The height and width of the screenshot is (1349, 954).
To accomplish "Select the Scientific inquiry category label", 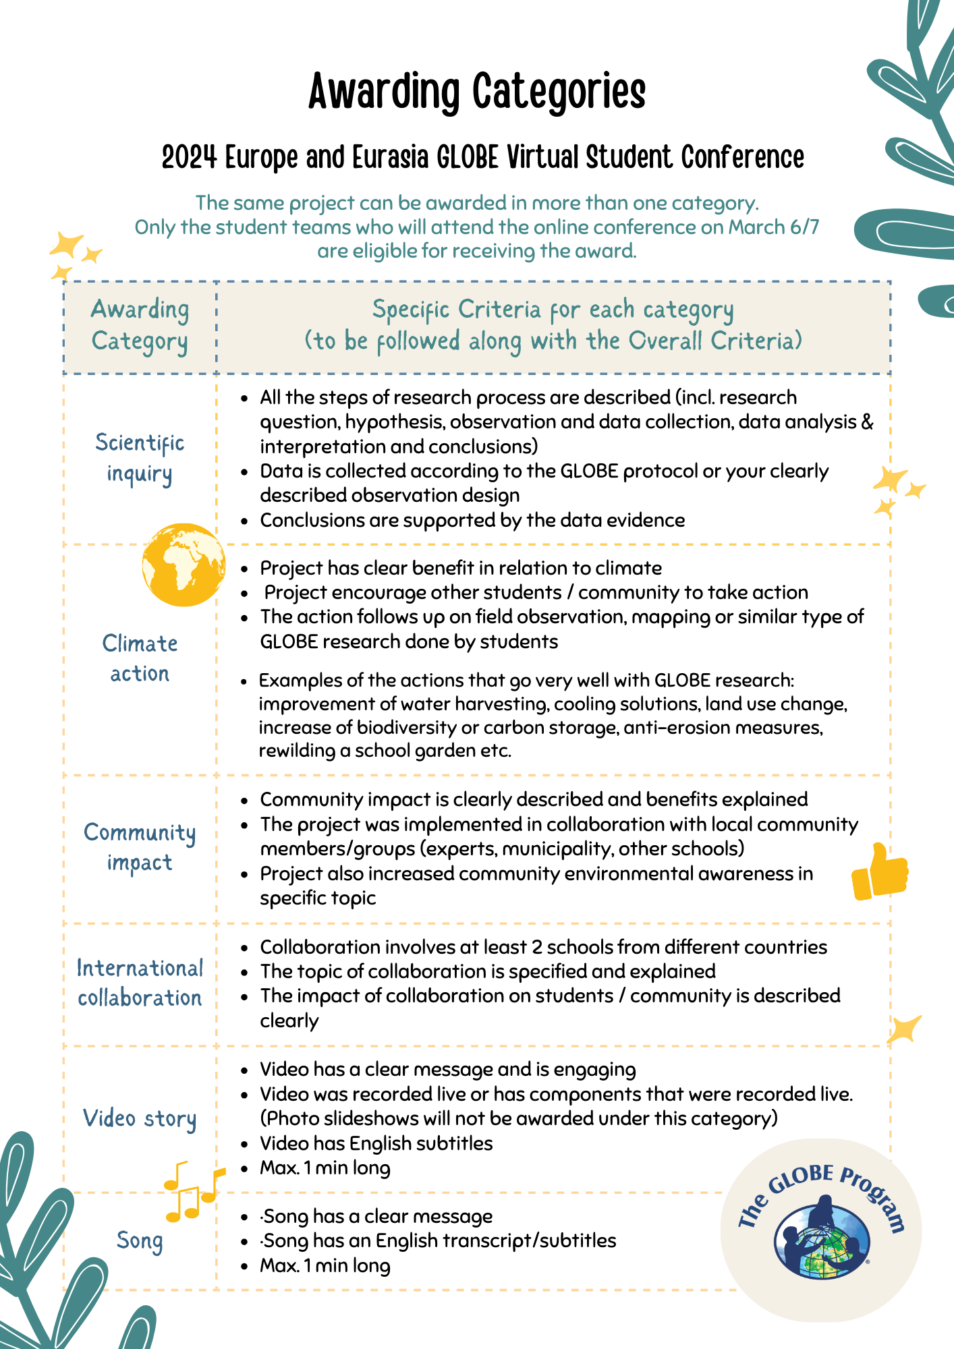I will [140, 458].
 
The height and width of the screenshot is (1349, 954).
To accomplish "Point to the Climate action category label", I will [140, 658].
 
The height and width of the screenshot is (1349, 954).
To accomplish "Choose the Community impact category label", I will [140, 848].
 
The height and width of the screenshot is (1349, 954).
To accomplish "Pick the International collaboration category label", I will [140, 983].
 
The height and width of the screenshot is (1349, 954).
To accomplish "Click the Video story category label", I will [140, 1118].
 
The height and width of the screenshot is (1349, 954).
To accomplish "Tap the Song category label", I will [140, 1240].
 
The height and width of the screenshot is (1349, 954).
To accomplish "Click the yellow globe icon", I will [184, 565].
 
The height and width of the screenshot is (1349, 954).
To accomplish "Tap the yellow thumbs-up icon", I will [879, 873].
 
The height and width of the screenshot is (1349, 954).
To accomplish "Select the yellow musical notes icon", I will [192, 1191].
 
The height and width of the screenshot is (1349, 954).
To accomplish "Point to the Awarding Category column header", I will [140, 326].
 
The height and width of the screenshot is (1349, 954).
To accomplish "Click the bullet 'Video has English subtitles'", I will [376, 1143].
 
